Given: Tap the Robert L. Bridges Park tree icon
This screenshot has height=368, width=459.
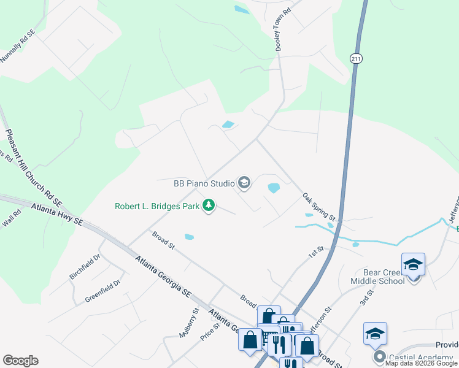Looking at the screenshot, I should coord(209,206).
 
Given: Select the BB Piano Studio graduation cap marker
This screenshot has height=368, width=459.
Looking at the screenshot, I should coord(244,183).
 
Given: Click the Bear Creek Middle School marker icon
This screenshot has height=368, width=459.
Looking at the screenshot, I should coord(413,264).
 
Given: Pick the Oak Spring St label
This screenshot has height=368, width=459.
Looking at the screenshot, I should coord(319,207).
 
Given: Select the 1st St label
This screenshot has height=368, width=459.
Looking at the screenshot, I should coord(315,251).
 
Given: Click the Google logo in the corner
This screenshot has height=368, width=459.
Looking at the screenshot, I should coord(20,361).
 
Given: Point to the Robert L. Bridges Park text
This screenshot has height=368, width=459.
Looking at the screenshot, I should coord(157,206).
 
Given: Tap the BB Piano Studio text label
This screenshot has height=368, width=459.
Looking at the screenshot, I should coord(204,183).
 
